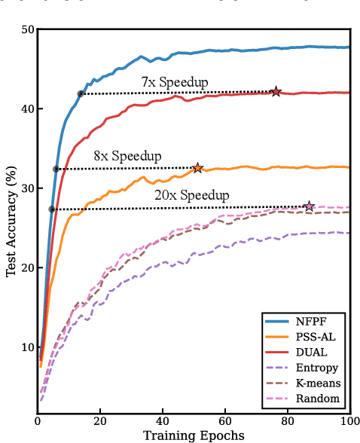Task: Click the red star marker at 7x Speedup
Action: click(276, 91)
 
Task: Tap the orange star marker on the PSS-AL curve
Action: click(197, 168)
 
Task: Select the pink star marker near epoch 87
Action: click(309, 206)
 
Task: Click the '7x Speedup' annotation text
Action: click(175, 81)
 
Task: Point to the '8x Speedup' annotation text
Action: click(127, 156)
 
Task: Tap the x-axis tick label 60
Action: click(225, 420)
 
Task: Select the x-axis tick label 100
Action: click(349, 420)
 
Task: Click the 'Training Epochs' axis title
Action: click(194, 435)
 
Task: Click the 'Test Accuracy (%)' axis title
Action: click(11, 224)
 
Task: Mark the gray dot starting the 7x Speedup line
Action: click(81, 94)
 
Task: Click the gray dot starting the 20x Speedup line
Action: click(52, 209)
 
